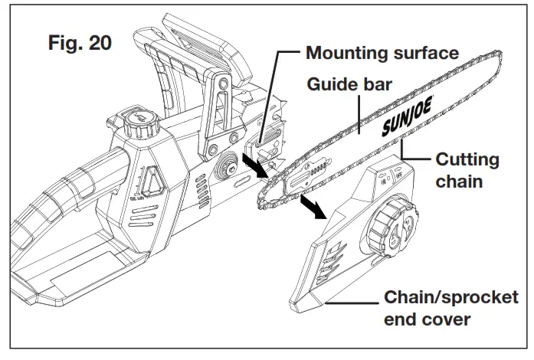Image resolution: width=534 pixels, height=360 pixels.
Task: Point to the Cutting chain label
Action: point(467,170)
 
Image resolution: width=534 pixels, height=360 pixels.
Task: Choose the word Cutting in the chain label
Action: point(467,160)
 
